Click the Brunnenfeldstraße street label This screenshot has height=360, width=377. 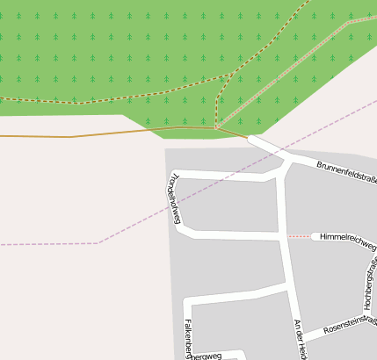pos(346,171)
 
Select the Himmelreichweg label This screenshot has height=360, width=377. pos(348,237)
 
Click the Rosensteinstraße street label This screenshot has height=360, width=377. pos(350,328)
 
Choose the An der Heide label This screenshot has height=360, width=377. pos(300,339)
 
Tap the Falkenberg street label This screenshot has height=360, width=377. pos(188,338)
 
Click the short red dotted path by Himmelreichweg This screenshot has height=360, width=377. pos(300,237)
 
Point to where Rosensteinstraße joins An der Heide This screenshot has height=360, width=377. pos(296,341)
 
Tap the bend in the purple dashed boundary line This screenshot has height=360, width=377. pos(99,242)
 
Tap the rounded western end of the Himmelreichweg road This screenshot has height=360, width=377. pos(315,237)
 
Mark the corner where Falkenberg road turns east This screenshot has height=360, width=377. pos(186,303)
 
